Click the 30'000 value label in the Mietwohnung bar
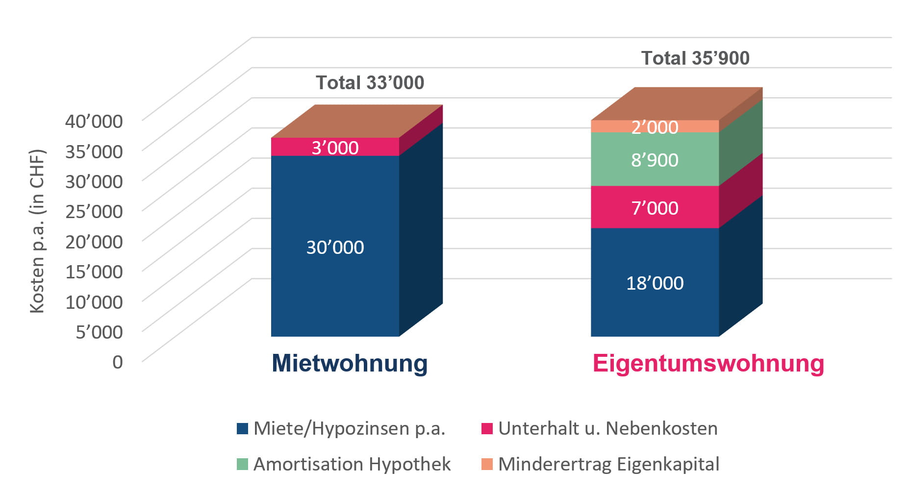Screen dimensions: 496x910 [x=335, y=248]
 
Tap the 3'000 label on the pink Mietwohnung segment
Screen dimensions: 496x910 [x=335, y=148]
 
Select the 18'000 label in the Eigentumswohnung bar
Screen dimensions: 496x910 [x=655, y=283]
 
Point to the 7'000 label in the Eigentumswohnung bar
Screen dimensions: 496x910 [x=655, y=208]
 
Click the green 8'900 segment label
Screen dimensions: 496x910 [x=655, y=160]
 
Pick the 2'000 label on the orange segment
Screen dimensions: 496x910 [x=655, y=127]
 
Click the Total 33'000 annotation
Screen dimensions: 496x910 [x=370, y=83]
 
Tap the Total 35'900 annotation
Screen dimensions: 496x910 [x=695, y=58]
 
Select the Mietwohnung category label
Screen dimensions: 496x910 [x=350, y=364]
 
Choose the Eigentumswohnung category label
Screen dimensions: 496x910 [x=708, y=364]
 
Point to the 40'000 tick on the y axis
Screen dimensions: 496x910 [x=94, y=121]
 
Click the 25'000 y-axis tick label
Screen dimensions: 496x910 [x=94, y=211]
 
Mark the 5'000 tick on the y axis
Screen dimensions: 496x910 [x=99, y=332]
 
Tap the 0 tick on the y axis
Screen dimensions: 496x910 [x=118, y=362]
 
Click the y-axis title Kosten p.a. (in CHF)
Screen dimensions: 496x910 [x=37, y=230]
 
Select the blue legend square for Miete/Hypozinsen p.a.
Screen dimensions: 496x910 [x=242, y=428]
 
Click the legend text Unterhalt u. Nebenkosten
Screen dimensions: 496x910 [x=607, y=428]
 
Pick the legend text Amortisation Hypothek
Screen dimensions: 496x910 [x=352, y=464]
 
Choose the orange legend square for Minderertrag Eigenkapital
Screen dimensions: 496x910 [x=487, y=464]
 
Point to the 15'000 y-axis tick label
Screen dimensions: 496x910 [x=94, y=272]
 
